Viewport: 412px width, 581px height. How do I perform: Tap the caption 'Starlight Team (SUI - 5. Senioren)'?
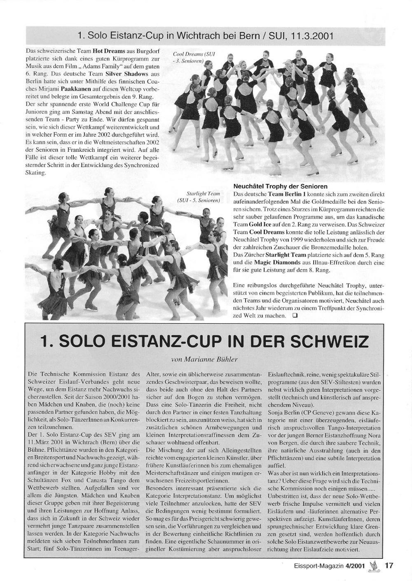pos(203,197)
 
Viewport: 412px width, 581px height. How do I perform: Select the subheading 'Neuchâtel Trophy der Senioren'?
pos(281,186)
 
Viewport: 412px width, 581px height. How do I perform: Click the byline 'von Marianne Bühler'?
pos(204,359)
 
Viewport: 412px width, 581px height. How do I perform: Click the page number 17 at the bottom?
pos(389,565)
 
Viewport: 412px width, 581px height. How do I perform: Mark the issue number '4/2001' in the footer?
pos(355,565)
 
